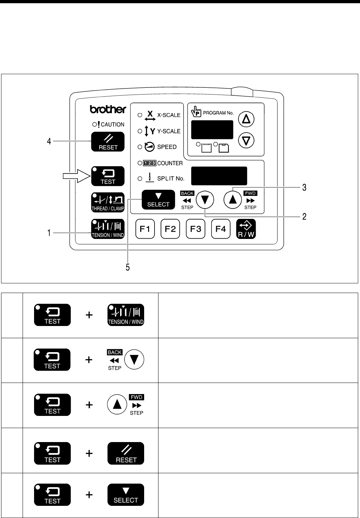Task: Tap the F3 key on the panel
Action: click(196, 230)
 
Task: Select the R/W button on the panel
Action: click(246, 230)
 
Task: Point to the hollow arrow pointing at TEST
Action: click(76, 176)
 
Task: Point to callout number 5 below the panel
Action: click(128, 268)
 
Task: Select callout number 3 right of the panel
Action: click(304, 187)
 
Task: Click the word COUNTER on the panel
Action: click(170, 163)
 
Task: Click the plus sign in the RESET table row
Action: click(89, 453)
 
